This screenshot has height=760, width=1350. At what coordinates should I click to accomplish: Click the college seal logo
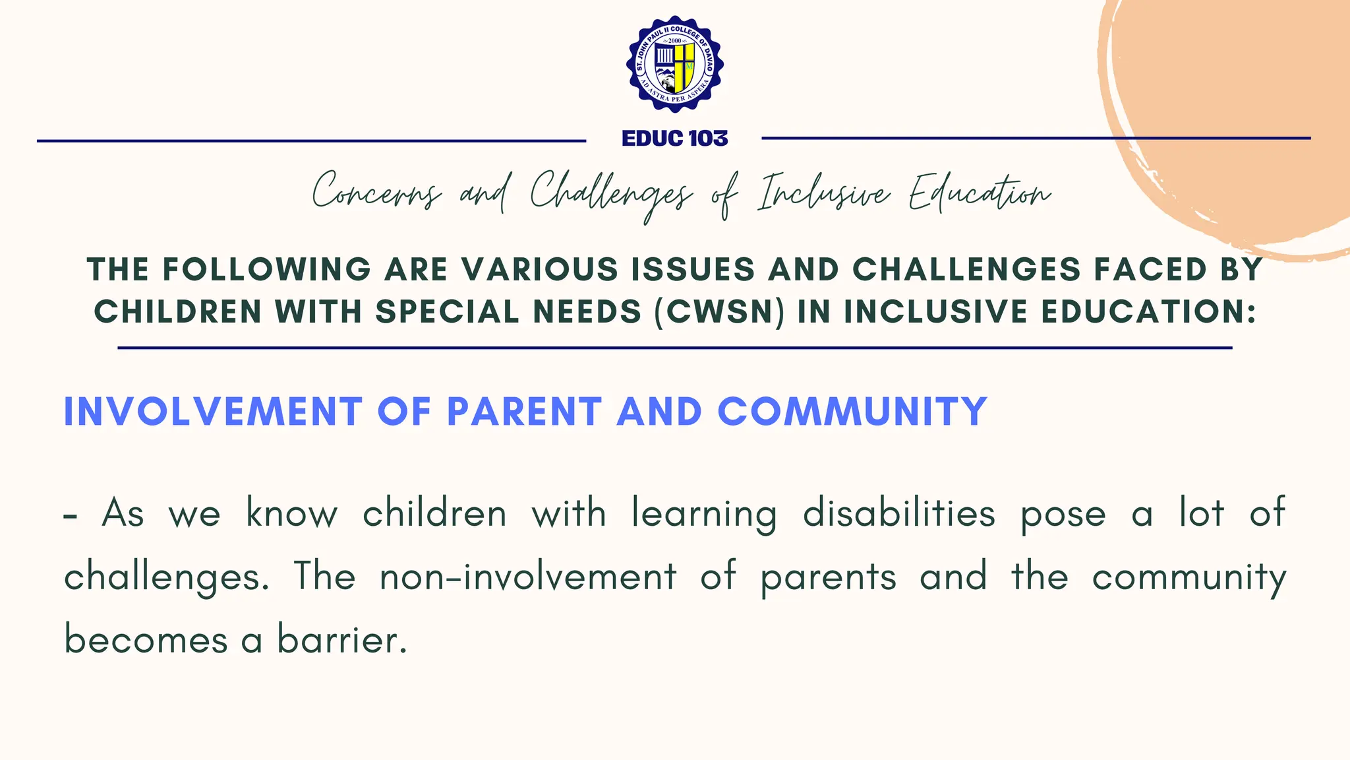(675, 64)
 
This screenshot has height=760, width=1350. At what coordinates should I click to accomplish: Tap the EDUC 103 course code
(675, 139)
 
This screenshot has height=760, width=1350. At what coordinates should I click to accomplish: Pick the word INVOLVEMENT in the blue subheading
(213, 412)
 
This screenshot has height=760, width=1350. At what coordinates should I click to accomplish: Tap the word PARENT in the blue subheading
(524, 412)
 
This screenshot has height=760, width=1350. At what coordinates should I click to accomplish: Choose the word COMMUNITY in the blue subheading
(852, 412)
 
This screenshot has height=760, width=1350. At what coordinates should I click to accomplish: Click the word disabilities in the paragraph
(898, 513)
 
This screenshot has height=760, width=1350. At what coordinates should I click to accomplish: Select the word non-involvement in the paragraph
(528, 577)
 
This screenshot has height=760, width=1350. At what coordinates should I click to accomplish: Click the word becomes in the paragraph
(146, 640)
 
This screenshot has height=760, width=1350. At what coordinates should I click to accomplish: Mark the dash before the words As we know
(71, 515)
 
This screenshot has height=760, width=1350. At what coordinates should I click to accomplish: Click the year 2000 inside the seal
(675, 40)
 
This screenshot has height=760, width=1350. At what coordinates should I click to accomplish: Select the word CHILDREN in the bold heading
(178, 311)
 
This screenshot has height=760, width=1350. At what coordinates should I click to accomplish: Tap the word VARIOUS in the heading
(539, 269)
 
